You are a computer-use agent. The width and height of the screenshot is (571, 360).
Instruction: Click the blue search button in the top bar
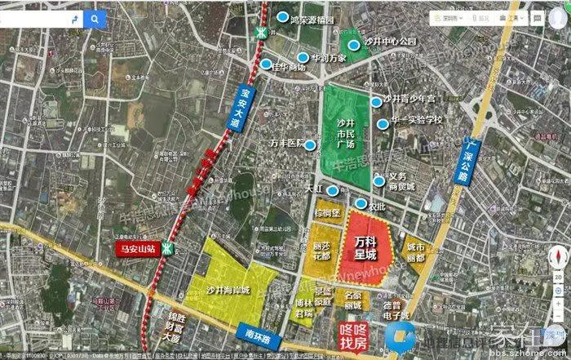click(95, 18)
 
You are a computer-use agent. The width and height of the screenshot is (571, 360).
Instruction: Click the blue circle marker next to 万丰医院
click(311, 144)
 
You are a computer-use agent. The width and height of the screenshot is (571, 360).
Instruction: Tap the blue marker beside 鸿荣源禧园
click(282, 17)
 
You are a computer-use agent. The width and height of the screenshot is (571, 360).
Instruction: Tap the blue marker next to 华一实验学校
click(383, 124)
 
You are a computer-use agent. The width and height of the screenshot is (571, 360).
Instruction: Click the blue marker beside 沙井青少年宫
click(376, 101)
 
